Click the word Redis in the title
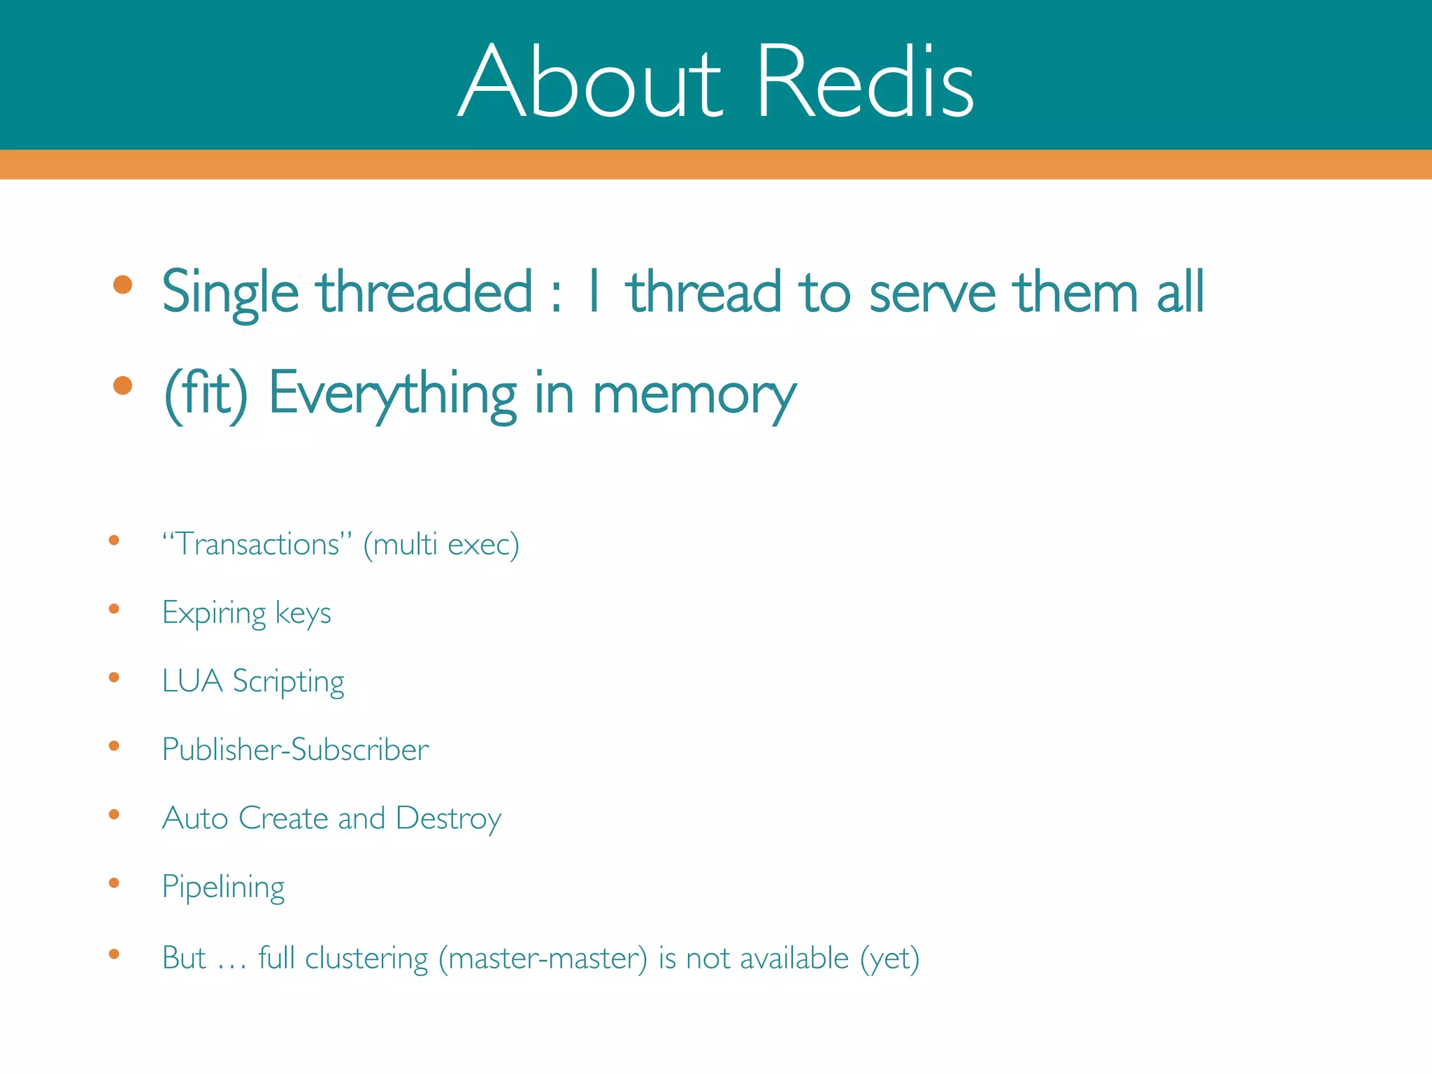click(x=865, y=83)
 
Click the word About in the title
click(x=589, y=83)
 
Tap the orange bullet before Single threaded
click(x=122, y=285)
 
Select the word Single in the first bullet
click(x=230, y=292)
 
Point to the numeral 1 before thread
click(x=594, y=291)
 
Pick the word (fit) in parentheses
click(x=206, y=394)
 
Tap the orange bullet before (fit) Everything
click(x=122, y=385)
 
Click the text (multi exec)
click(x=441, y=544)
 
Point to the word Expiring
click(x=214, y=613)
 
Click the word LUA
click(x=192, y=680)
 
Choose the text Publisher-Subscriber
click(x=295, y=750)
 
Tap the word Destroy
click(x=448, y=818)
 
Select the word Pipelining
click(x=223, y=887)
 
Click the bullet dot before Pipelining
click(x=114, y=883)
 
